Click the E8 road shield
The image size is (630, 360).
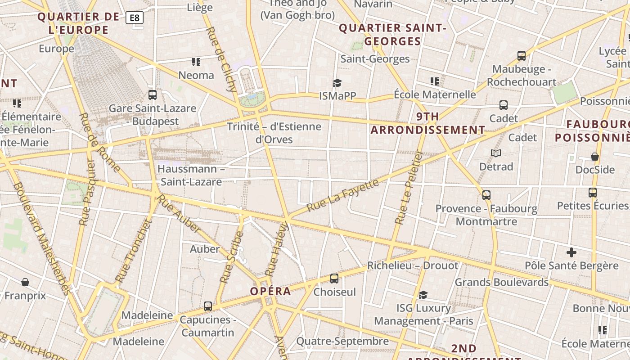135,18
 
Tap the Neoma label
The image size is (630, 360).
196,75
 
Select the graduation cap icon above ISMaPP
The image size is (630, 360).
337,83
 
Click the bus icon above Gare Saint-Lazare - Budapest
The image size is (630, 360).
153,95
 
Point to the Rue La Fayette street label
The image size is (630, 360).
343,195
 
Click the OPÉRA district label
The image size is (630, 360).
270,291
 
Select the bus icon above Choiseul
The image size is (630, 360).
334,279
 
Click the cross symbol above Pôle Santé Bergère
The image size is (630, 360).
571,252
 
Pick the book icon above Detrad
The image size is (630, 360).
496,153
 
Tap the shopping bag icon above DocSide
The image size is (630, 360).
595,157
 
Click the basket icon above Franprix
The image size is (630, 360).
25,282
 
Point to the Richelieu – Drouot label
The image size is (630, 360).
413,265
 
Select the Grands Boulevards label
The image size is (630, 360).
501,282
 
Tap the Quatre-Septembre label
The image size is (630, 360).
342,342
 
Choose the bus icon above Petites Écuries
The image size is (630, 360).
592,193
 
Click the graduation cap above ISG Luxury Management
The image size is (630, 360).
423,295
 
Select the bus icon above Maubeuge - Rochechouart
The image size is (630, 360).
522,56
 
